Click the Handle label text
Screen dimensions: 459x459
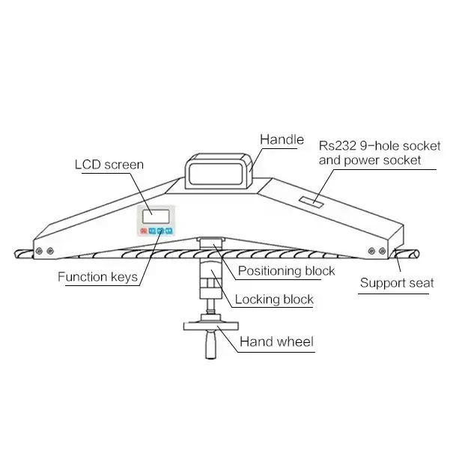[282, 139]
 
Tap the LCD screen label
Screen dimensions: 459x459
[109, 165]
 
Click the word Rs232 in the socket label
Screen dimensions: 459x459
[338, 146]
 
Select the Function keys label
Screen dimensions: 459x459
[98, 277]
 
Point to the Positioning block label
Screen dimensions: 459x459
[286, 271]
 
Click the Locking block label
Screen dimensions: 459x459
[274, 300]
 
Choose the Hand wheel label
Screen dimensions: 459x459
[276, 341]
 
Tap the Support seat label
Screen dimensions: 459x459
[397, 283]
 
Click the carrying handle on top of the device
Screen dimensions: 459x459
[219, 171]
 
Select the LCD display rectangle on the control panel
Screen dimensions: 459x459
[156, 216]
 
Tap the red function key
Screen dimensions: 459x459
[144, 231]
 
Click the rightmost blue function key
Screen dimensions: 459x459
[168, 231]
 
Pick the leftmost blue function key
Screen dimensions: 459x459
[152, 231]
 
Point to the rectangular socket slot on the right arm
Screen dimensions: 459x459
[311, 202]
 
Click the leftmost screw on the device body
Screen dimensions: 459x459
[39, 251]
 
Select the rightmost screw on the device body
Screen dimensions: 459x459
[383, 251]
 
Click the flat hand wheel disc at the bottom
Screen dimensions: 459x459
[210, 326]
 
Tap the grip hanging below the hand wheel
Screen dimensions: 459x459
[210, 344]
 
